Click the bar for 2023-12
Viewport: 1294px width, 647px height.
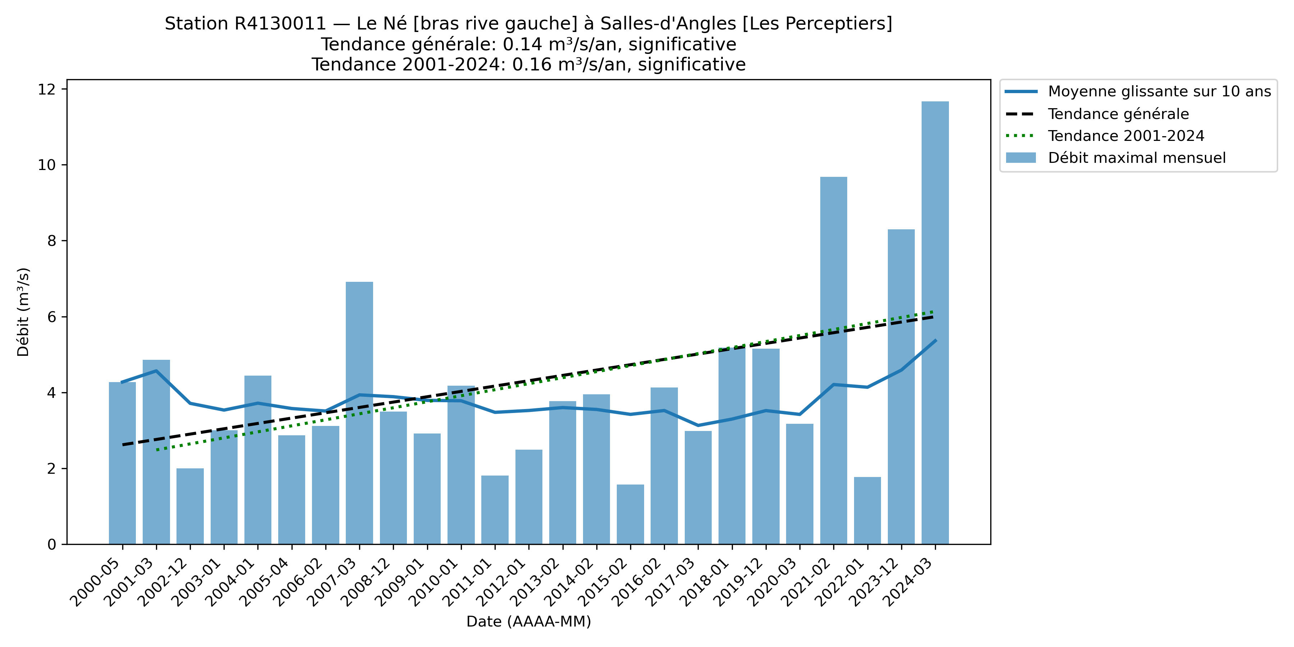[x=901, y=387]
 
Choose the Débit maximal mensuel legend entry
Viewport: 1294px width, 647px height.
[x=1136, y=158]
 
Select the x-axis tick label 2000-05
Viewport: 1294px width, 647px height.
[x=96, y=583]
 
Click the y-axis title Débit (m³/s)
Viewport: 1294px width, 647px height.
[x=23, y=312]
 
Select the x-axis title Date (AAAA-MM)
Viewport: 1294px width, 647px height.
[x=528, y=622]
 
